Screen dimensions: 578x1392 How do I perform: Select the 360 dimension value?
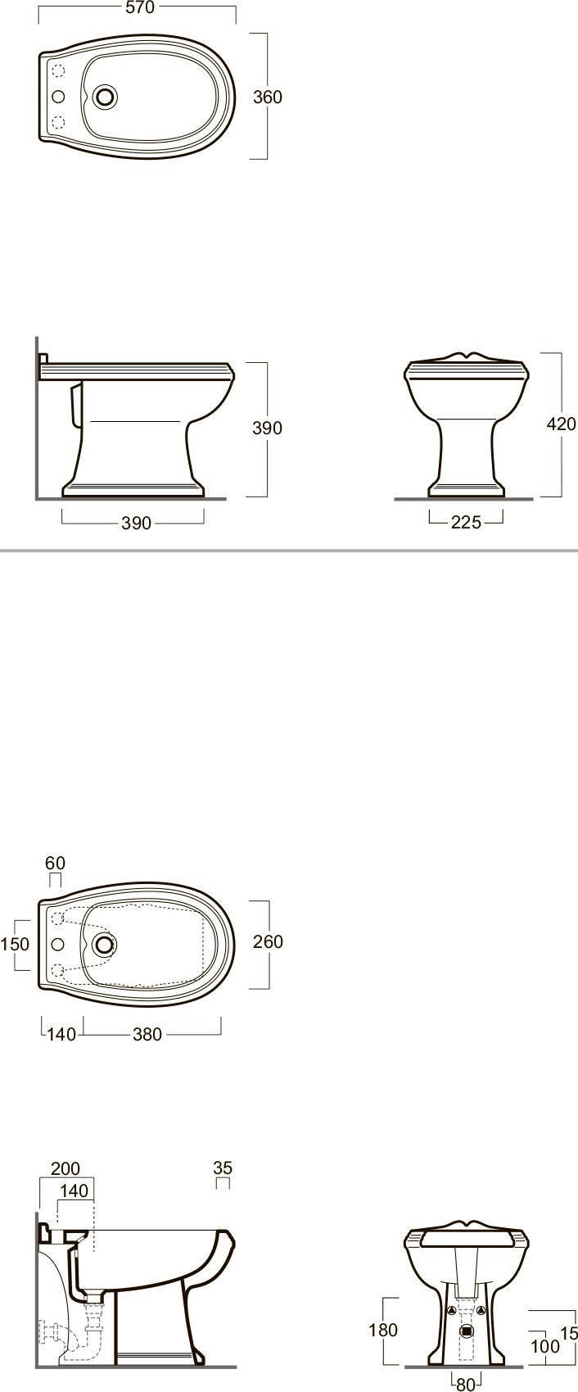268,97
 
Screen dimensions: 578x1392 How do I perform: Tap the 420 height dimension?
562,424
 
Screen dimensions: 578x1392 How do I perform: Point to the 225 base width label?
467,523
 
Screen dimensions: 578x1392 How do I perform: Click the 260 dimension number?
269,941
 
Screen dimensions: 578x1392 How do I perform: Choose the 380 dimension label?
147,1034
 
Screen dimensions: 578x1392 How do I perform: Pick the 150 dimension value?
15,944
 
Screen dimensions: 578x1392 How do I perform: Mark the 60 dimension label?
55,864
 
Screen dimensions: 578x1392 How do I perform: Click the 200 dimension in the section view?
65,1169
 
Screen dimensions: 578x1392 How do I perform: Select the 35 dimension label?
223,1168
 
